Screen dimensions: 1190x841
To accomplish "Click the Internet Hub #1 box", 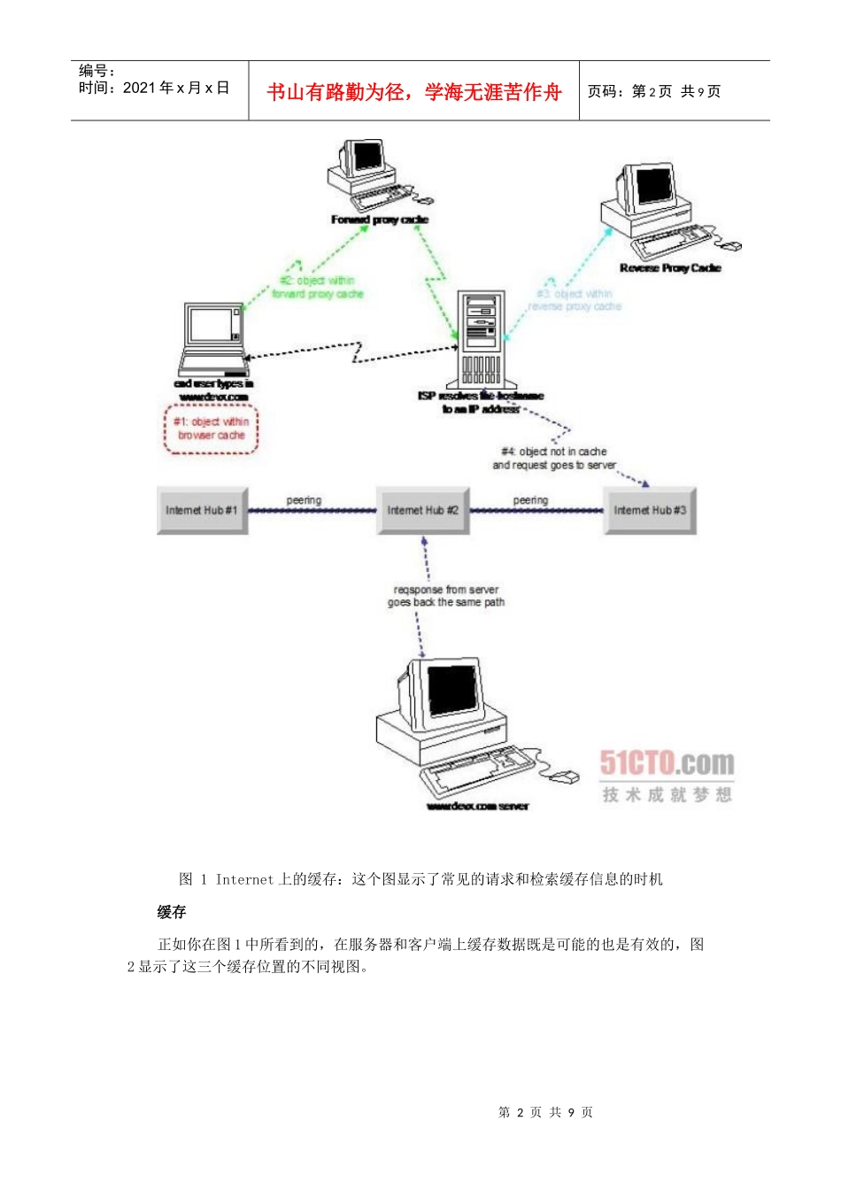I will [202, 510].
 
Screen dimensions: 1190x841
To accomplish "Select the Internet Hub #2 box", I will [422, 510].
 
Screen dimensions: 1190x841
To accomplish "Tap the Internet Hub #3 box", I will [650, 510].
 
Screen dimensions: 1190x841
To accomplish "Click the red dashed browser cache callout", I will [211, 429].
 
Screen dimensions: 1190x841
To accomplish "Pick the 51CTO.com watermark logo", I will [667, 763].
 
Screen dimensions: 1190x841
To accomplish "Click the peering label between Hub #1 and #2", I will [304, 500].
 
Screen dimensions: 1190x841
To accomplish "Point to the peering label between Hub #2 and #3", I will [530, 500].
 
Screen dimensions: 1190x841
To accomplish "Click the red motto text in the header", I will [414, 92].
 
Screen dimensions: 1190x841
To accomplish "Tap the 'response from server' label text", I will [446, 596].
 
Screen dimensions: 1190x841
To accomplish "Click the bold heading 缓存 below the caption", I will [172, 912].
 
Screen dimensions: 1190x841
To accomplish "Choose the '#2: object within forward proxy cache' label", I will [317, 287].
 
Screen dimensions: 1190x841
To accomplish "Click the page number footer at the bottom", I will [545, 1112].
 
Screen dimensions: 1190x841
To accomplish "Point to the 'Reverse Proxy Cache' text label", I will [670, 268].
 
